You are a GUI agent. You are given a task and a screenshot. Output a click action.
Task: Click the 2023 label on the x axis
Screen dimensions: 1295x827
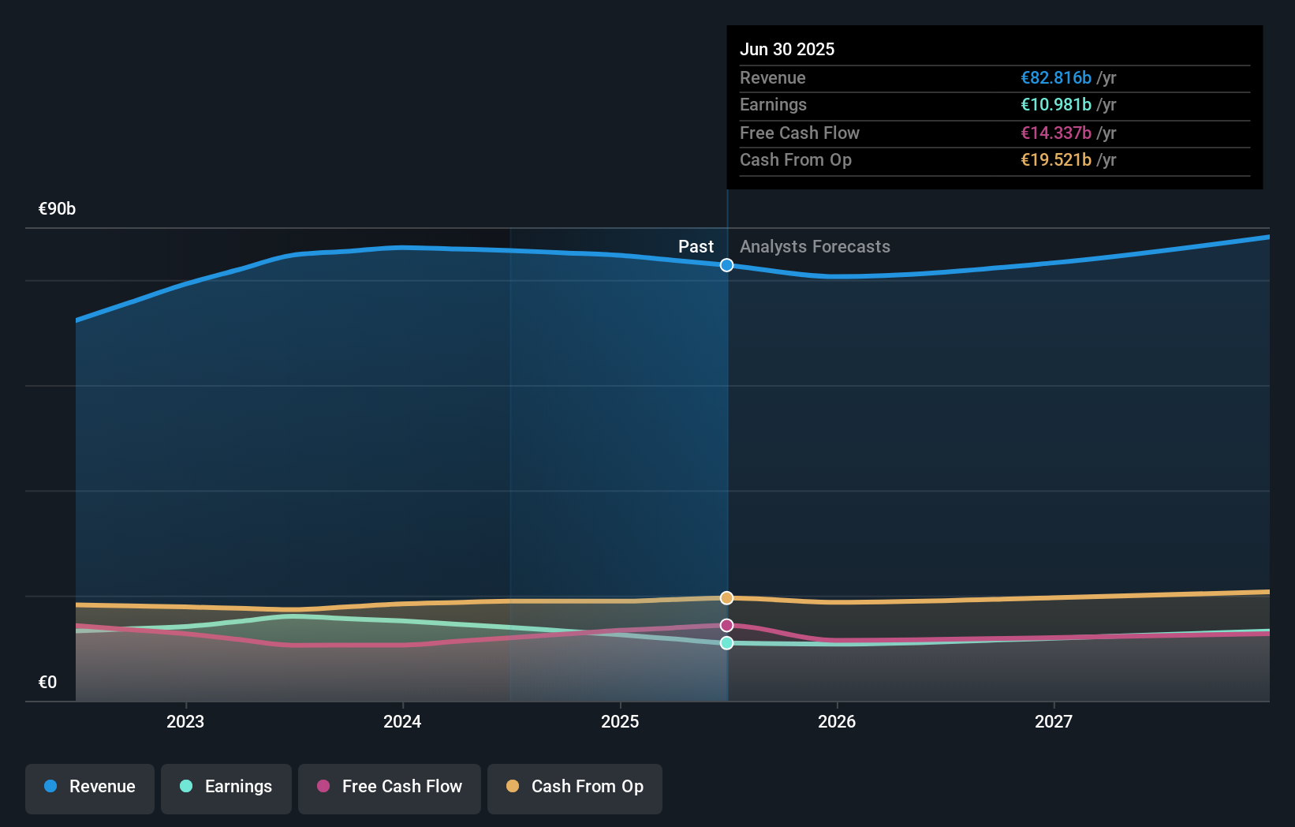[x=185, y=722]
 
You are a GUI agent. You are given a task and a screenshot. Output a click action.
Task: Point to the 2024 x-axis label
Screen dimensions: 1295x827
[x=402, y=722]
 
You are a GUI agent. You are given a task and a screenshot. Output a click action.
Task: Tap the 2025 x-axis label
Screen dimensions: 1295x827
[x=620, y=722]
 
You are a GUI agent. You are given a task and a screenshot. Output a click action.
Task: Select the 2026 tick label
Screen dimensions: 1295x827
[x=837, y=722]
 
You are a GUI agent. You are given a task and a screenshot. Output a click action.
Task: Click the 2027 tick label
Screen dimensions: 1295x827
[x=1054, y=722]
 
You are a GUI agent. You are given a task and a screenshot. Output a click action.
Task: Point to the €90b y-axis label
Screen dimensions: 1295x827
[x=57, y=209]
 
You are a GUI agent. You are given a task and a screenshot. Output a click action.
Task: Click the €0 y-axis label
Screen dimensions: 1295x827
[x=47, y=683]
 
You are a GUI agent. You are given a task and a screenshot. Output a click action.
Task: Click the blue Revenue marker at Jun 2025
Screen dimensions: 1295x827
[x=726, y=265]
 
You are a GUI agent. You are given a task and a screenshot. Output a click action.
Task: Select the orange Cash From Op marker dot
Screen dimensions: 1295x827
[x=726, y=598]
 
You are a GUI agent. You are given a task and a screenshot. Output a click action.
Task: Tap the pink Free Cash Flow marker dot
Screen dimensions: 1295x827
[x=726, y=625]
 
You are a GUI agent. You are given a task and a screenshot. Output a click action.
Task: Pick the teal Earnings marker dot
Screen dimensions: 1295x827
[x=726, y=643]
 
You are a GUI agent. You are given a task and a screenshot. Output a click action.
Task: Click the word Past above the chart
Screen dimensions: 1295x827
[x=696, y=247]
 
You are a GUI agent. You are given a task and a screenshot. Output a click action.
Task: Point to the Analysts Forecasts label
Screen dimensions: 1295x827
[x=815, y=247]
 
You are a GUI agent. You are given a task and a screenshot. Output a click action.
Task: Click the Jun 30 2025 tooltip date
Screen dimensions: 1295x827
[x=787, y=50]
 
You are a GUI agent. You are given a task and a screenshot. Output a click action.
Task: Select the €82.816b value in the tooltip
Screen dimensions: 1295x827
[x=1056, y=78]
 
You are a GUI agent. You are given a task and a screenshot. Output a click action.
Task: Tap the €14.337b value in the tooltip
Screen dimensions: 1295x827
[x=1056, y=133]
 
